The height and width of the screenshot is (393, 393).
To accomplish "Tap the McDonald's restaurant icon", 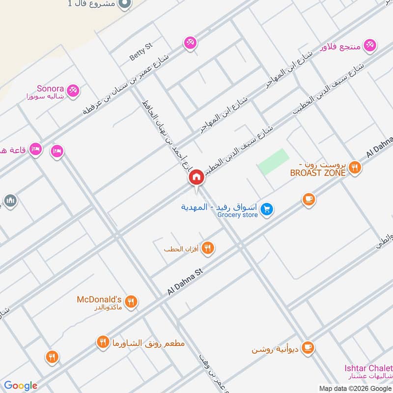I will [x=131, y=302].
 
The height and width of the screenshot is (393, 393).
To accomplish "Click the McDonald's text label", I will [x=99, y=299].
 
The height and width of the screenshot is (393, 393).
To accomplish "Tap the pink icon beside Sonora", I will [x=73, y=90].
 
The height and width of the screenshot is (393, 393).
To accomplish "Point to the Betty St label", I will [x=141, y=52].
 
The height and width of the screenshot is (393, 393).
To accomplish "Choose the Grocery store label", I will [x=237, y=215].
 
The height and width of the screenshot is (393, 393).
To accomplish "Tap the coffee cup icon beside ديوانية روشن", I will [x=308, y=347].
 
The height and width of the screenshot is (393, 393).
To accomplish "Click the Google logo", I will [x=21, y=386].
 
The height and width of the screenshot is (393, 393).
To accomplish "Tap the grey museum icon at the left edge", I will [x=10, y=200].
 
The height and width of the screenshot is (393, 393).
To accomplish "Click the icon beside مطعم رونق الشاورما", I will [x=103, y=342].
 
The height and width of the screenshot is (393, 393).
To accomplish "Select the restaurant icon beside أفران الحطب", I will [x=208, y=249].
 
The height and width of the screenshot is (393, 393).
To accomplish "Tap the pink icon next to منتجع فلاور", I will [x=370, y=45].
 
